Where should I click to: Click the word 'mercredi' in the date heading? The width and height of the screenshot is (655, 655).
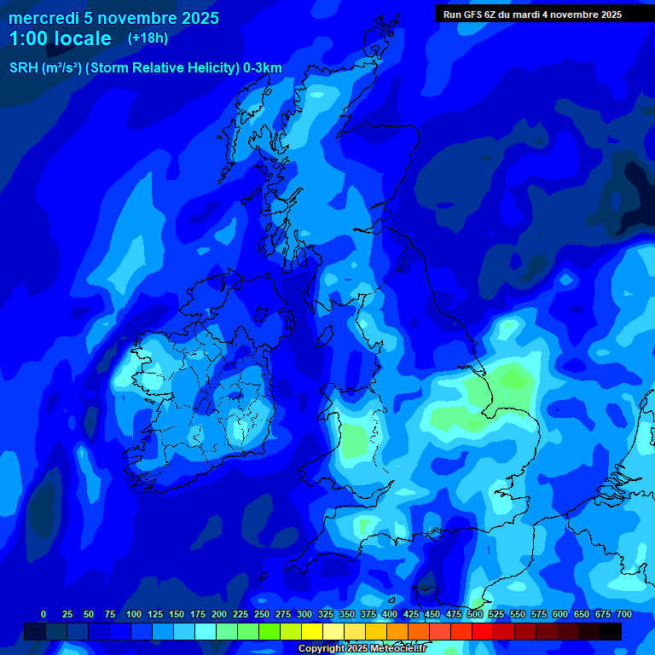tap(43, 18)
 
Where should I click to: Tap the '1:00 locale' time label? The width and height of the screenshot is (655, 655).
tap(60, 38)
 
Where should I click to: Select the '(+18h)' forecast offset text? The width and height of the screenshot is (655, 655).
tap(148, 38)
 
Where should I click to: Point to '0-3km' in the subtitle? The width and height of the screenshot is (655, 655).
tap(262, 68)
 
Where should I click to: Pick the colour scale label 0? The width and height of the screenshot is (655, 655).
tap(43, 614)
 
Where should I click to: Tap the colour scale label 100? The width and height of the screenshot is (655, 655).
tap(134, 614)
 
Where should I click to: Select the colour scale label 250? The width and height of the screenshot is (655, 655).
tap(262, 614)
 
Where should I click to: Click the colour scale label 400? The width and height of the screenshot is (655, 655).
tap(390, 614)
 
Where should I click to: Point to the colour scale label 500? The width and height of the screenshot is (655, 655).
tap(475, 614)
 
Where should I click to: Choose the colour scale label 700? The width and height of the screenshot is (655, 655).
tap(624, 614)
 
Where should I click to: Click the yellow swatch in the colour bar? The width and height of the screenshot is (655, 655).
tap(312, 632)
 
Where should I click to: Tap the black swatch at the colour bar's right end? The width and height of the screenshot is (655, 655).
tap(611, 632)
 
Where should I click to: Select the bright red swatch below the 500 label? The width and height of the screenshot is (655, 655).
tap(483, 632)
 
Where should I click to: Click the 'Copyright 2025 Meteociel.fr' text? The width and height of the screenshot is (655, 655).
tap(362, 649)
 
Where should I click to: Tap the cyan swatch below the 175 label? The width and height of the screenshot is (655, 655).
tap(206, 632)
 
